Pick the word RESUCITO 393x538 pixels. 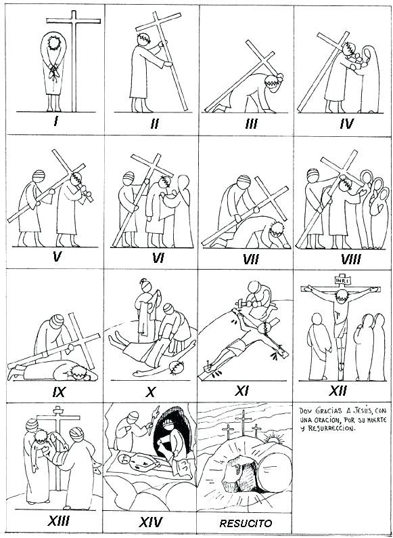(x=246, y=523)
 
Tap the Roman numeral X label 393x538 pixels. (x=152, y=391)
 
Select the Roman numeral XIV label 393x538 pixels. (x=152, y=522)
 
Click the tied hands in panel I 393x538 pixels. (x=55, y=68)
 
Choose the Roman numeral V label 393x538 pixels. (x=57, y=257)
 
